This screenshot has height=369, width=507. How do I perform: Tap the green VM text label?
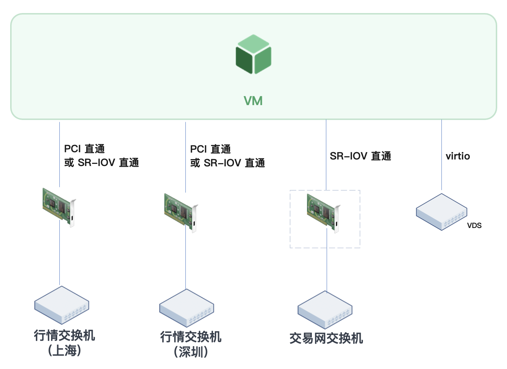(253, 101)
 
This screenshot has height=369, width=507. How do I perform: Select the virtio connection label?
(458, 156)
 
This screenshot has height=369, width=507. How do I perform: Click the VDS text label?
(474, 225)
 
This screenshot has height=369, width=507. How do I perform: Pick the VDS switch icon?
(441, 212)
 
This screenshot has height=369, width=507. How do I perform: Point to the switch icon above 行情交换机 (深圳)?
(187, 308)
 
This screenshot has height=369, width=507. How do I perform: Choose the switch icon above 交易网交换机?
(325, 310)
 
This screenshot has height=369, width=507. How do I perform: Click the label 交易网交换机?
(326, 338)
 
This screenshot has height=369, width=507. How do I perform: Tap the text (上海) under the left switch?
(64, 351)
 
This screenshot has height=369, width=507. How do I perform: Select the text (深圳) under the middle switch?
(191, 352)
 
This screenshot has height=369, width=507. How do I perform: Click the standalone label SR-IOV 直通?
(360, 156)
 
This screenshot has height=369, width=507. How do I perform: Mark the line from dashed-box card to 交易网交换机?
(327, 261)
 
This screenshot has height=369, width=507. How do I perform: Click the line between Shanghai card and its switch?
(59, 254)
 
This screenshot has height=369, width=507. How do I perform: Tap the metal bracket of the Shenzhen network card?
(194, 219)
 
